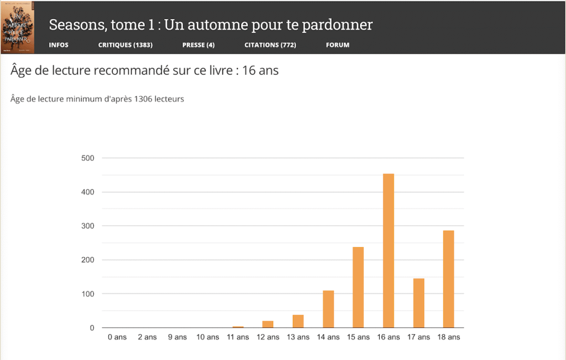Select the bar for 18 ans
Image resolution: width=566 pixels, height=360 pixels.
[x=448, y=279]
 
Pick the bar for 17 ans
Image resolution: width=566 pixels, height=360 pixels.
[x=418, y=303]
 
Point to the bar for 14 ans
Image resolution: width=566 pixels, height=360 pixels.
[x=328, y=309]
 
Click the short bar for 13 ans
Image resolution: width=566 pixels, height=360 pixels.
[x=298, y=321]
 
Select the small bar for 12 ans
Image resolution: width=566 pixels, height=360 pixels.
[x=268, y=324]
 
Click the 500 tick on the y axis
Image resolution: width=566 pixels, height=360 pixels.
[x=88, y=158]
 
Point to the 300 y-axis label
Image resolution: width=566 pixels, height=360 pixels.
[x=88, y=226]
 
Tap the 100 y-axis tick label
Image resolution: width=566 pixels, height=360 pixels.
[x=88, y=294]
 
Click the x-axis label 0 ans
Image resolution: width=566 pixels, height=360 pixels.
[x=117, y=337]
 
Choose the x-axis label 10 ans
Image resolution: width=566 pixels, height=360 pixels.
[x=208, y=337]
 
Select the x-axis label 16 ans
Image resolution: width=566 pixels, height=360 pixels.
[x=389, y=337]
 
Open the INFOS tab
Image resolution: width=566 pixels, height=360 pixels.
[x=59, y=45]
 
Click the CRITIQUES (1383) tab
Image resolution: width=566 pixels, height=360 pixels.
[x=125, y=45]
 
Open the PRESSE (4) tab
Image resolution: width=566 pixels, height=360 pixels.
[x=198, y=45]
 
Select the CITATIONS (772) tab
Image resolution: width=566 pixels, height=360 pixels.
[x=270, y=45]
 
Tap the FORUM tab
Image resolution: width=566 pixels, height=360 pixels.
[x=338, y=45]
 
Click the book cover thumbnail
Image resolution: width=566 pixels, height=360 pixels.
[x=18, y=28]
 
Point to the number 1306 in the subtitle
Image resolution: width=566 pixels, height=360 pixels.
[x=146, y=100]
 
